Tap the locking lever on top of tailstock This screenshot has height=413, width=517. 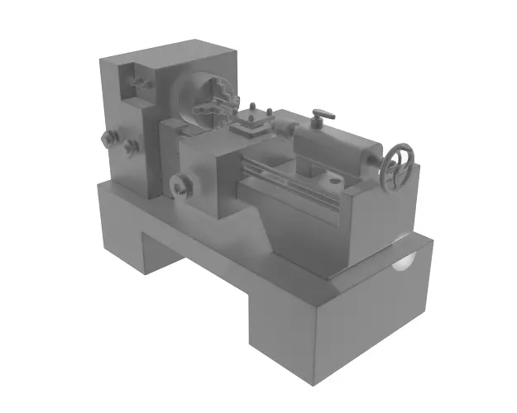pos(321,116)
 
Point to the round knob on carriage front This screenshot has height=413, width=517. pos(179,185)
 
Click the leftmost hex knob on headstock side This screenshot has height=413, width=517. pos(106,138)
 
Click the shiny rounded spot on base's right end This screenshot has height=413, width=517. pos(405,258)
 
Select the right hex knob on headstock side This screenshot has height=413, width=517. pos(130,146)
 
